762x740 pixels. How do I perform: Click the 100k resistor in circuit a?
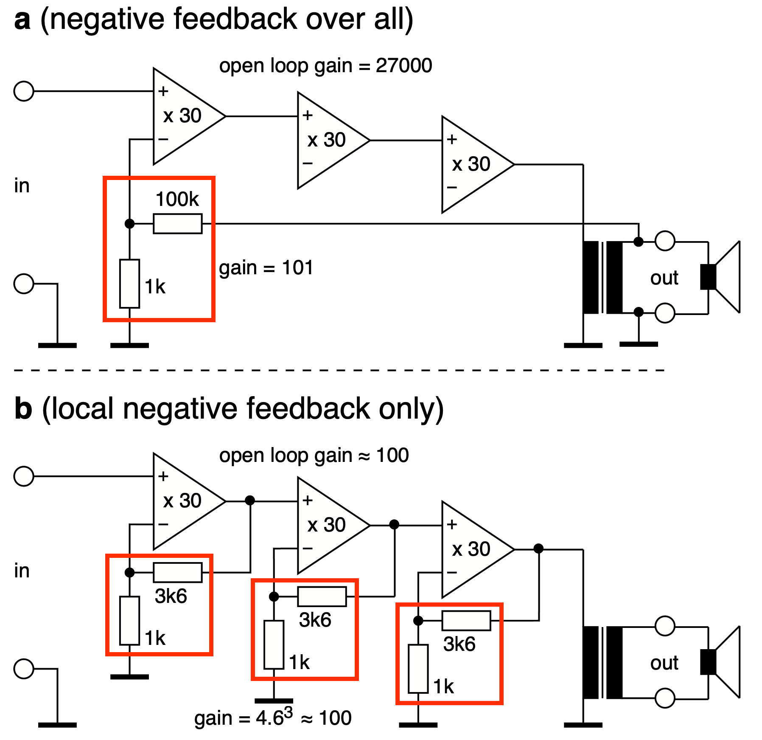pos(177,224)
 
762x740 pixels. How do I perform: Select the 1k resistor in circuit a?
pos(129,284)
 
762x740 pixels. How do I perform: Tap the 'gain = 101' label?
pos(266,268)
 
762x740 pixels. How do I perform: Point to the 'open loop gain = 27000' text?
pos(325,66)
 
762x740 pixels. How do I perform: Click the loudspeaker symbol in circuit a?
pos(721,277)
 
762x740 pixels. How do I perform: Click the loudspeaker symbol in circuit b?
pos(721,662)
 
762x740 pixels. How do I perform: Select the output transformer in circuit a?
pos(602,277)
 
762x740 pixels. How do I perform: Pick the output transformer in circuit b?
pos(602,662)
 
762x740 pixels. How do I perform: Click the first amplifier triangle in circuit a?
pos(182,116)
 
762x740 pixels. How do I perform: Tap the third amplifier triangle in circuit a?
pos(471,164)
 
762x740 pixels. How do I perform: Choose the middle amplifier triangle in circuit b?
pos(327,525)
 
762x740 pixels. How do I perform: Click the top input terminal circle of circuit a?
pos(24,91)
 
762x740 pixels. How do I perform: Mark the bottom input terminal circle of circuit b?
pos(24,669)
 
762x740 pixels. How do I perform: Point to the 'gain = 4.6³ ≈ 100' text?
pos(273,717)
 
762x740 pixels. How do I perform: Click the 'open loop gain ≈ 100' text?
pos(314,456)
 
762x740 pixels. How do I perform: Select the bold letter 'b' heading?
pos(23,408)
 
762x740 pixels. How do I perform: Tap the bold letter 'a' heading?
pos(22,20)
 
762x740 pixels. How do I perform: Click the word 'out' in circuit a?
pos(664,278)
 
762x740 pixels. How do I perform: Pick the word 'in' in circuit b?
pos(22,571)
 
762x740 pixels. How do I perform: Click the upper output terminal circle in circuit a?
pos(665,241)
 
